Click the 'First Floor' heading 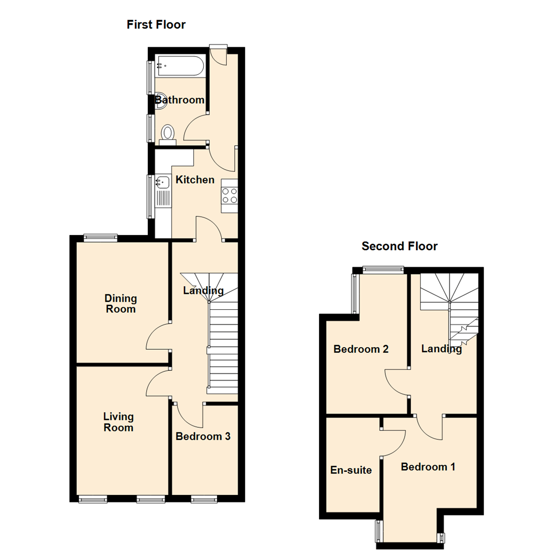point(156,24)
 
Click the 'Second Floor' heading point(400,246)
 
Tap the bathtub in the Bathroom point(180,66)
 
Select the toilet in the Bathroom point(167,134)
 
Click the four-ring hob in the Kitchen point(229,195)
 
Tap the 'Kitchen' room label point(195,180)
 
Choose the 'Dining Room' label point(121,303)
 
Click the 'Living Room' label point(118,422)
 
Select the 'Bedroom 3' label point(203,437)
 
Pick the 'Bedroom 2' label point(361,349)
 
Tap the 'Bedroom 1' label point(428,467)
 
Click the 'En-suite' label point(351,470)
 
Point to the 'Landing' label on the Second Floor point(442,349)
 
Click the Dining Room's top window point(101,237)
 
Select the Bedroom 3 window point(204,498)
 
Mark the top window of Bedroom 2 point(383,269)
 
